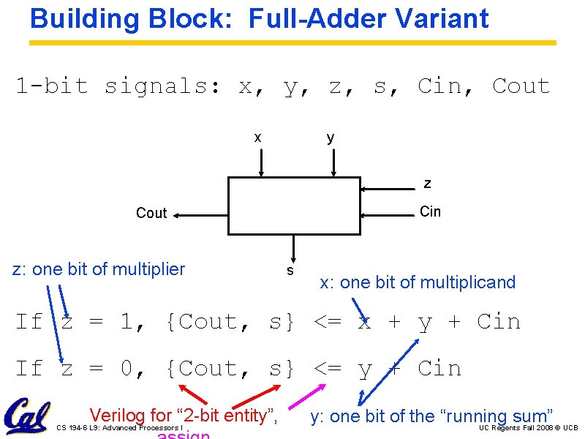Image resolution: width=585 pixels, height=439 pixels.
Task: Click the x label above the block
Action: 257,138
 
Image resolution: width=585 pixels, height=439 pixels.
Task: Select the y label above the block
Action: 331,138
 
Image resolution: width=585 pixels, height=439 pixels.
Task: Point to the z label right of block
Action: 427,183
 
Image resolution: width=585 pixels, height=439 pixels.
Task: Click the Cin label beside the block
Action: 430,211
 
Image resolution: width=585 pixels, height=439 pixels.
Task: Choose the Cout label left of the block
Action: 151,213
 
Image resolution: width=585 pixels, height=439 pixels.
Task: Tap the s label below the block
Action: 290,270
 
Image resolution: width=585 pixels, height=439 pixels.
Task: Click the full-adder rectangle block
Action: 294,206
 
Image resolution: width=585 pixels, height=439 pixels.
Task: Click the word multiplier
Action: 147,269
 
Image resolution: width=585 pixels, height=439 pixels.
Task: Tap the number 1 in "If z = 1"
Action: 127,322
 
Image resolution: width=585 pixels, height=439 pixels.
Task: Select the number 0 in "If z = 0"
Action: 127,368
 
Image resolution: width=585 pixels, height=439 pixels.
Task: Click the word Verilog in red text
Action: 118,416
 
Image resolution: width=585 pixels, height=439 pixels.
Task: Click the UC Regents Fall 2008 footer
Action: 527,427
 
